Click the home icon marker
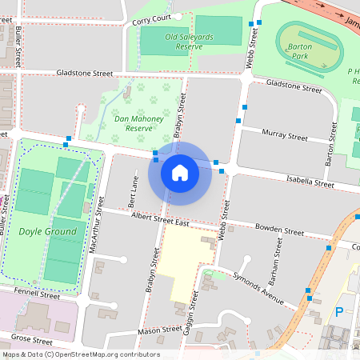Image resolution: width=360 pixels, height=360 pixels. pos(180,171)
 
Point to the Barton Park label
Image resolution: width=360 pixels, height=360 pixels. pos(300,51)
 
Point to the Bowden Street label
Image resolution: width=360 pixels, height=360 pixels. pos(279,230)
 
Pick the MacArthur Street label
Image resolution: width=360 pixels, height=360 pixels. pos(98,227)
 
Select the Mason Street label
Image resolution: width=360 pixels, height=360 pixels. pos(159,330)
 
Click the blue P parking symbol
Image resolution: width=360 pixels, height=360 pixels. pos(339,312)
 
